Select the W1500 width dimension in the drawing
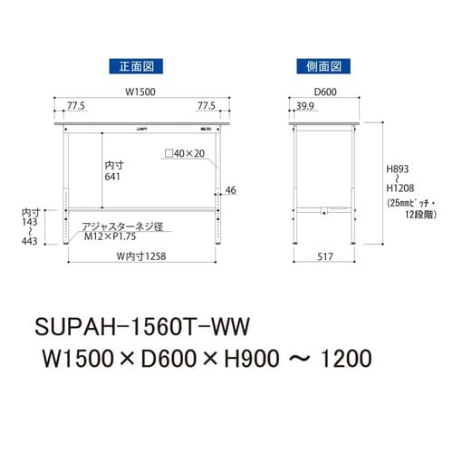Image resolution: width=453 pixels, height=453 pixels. (x=142, y=90)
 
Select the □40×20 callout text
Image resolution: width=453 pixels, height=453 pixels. (x=185, y=154)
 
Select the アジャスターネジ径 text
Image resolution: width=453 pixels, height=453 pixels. (x=120, y=226)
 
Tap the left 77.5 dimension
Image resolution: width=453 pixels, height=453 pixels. (x=76, y=106)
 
